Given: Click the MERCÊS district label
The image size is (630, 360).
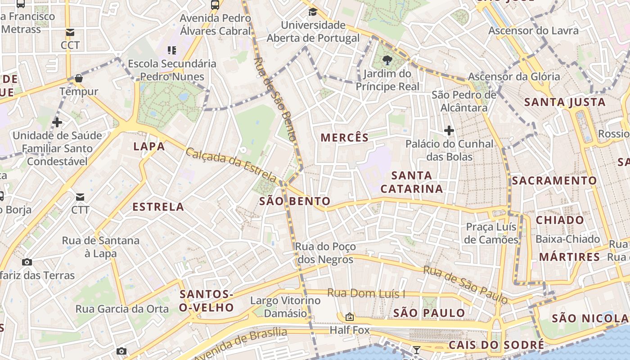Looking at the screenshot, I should coord(345,138).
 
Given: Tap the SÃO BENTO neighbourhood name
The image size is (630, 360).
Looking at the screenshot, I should coord(295,201).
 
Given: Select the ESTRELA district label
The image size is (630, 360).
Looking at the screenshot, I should coord(158,207).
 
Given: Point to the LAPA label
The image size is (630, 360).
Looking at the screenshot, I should coord(149,147).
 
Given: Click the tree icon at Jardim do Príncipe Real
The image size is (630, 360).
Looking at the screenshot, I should coord(387,60).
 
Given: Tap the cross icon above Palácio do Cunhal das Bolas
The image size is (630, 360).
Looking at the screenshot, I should coord(449,131).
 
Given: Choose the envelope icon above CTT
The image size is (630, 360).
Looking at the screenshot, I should coord(80,197).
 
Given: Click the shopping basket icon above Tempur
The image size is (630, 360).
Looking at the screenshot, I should coord(79,78).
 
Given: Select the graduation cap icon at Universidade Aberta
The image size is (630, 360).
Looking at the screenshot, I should coord(313,12).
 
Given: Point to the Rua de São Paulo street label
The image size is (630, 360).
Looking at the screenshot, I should coord(465,284).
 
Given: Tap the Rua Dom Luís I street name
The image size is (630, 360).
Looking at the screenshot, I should coord(366,293).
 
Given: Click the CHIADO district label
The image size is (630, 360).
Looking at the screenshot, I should coord(560,220).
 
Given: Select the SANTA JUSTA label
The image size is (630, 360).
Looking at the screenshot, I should coord(565,102).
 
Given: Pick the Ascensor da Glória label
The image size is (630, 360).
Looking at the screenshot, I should coord(514,76).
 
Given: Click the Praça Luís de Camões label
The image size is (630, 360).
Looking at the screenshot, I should coord(491,233).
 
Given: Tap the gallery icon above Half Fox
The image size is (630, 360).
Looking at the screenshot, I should coord(349,317).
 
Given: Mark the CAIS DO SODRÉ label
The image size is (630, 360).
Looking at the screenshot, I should coord(496,346).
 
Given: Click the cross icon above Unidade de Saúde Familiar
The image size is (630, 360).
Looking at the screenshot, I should coord(57,122).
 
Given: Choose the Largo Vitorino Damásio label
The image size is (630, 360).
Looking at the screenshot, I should coord(285,306).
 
